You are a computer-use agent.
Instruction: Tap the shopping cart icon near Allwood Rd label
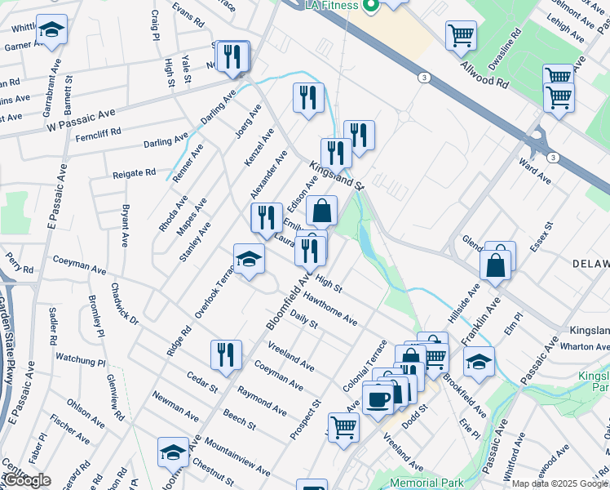click(x=461, y=36)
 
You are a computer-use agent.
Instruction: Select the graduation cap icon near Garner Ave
click(x=52, y=31)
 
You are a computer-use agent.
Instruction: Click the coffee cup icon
click(x=378, y=399)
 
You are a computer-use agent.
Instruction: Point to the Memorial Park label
click(x=427, y=483)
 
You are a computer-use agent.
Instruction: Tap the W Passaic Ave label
click(x=82, y=121)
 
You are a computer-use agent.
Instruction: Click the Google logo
click(x=26, y=480)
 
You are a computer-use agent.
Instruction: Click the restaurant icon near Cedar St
click(x=226, y=354)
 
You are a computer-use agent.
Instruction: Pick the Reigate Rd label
click(x=133, y=172)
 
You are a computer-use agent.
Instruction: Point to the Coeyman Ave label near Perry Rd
click(x=79, y=269)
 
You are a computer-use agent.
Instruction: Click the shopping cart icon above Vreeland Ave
click(x=343, y=425)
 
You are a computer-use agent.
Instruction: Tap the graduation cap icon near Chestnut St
click(x=174, y=452)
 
